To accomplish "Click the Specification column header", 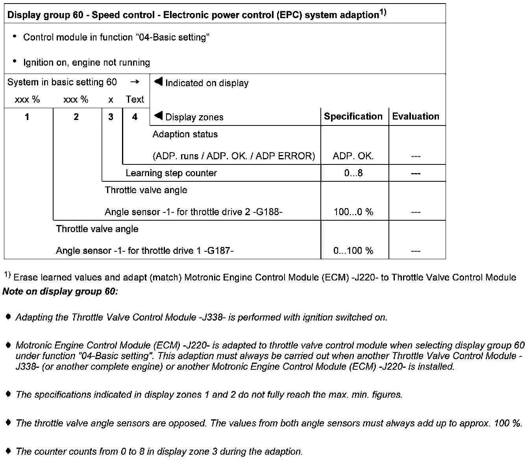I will coord(353,116).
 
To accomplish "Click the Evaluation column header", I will coord(416,116).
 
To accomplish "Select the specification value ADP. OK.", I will coord(353,156).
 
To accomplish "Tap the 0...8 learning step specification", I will coord(353,173).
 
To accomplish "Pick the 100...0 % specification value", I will coord(353,212).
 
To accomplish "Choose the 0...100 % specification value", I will coord(353,251).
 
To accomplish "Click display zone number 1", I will coord(27,117).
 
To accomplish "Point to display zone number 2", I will coord(76,117).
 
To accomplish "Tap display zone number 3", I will coord(111,117).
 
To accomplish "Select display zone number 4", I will coord(135,117).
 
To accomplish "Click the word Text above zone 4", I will coord(135,100).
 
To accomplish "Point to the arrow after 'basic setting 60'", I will coord(135,82).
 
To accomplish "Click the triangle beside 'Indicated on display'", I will coord(158,82).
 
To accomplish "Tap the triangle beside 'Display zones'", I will coord(158,116).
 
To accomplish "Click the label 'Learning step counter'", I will coord(171,173).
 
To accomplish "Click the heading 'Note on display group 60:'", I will coord(60,292).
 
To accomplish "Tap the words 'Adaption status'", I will coord(185,134).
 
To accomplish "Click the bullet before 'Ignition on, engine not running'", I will coord(15,61).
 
